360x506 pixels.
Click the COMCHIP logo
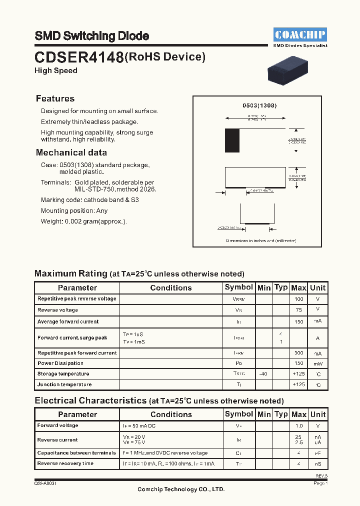pyautogui.click(x=300, y=34)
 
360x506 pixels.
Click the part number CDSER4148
pyautogui.click(x=79, y=57)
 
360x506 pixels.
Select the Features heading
pyautogui.click(x=55, y=98)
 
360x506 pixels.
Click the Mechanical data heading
pyautogui.click(x=71, y=152)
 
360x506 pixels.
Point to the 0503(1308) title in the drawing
pyautogui.click(x=259, y=105)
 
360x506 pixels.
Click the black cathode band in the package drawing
pyautogui.click(x=232, y=140)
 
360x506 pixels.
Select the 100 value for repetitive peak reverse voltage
pyautogui.click(x=298, y=299)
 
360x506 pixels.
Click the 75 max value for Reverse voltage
pyautogui.click(x=298, y=310)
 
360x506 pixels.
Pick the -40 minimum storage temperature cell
pyautogui.click(x=263, y=374)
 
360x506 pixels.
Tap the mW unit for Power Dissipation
pyautogui.click(x=317, y=363)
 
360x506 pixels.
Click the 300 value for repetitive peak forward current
pyautogui.click(x=298, y=353)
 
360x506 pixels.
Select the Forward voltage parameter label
pyautogui.click(x=57, y=425)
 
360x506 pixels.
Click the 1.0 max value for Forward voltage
pyautogui.click(x=298, y=426)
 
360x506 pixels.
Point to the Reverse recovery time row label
pyautogui.click(x=65, y=463)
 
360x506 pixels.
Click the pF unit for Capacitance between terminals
pyautogui.click(x=317, y=453)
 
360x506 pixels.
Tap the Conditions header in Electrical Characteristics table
pyautogui.click(x=171, y=414)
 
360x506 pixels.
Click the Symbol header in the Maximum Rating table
pyautogui.click(x=238, y=287)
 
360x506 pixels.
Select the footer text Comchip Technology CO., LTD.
pyautogui.click(x=181, y=489)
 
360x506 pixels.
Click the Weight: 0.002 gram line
pyautogui.click(x=83, y=221)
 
